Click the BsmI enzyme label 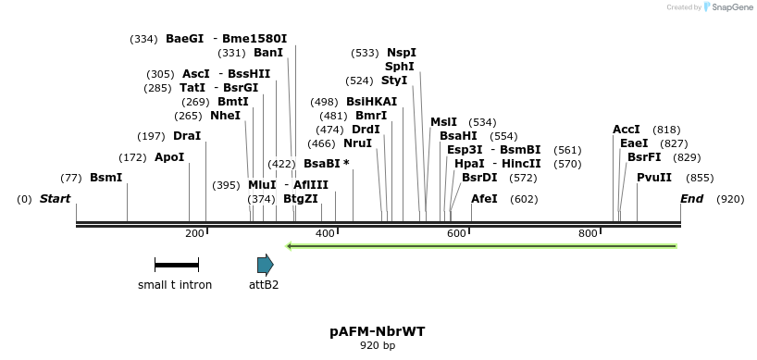[x=105, y=178]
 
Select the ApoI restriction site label [x=169, y=157]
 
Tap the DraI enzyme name [x=187, y=136]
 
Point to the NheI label [x=225, y=116]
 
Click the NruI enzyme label [x=357, y=143]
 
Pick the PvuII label [x=654, y=178]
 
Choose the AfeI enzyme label [x=484, y=199]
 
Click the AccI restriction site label [x=627, y=130]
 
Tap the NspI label [x=402, y=53]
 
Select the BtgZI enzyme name [x=301, y=199]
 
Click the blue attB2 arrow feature [x=266, y=266]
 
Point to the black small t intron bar [x=176, y=266]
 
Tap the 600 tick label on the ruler [x=456, y=233]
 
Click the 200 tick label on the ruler [x=194, y=233]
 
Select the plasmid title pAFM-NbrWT [x=377, y=330]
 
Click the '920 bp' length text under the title [x=377, y=346]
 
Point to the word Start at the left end [x=55, y=199]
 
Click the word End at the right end [x=691, y=199]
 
